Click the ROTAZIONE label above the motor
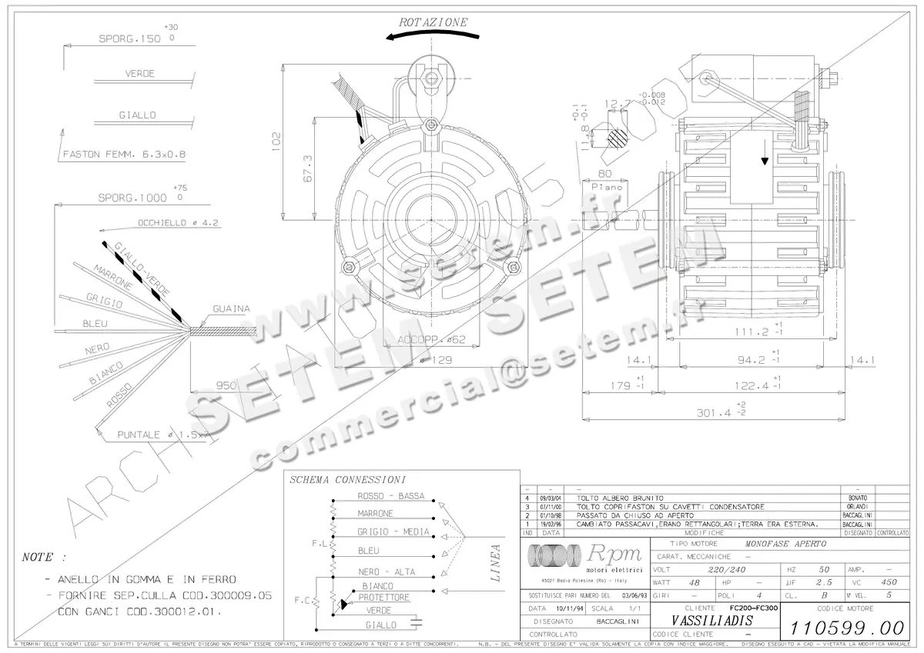(433, 22)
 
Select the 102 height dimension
(276, 139)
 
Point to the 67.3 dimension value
(308, 168)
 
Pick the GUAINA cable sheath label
(232, 309)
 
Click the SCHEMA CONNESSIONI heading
(347, 479)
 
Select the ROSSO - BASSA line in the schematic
(391, 496)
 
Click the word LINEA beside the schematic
(494, 563)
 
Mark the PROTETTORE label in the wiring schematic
(384, 598)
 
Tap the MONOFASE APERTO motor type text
(784, 543)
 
